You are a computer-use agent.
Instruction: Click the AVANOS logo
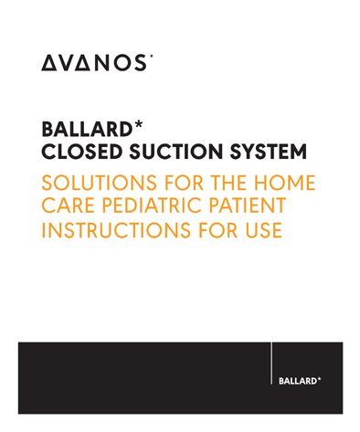(x=97, y=63)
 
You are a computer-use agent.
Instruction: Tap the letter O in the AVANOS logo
(x=122, y=63)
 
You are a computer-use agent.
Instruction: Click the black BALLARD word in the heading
(x=87, y=129)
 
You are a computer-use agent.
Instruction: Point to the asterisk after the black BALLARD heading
(x=138, y=124)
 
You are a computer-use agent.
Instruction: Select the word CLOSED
(x=82, y=152)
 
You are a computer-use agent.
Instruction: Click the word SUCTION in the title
(x=176, y=152)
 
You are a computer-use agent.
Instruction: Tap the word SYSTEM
(x=268, y=152)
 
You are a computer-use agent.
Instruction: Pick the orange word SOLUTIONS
(x=100, y=183)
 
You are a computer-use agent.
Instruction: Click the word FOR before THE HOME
(x=184, y=183)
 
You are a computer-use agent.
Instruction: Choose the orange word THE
(x=228, y=183)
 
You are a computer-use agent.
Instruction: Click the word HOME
(x=284, y=183)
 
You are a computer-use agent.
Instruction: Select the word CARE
(x=69, y=205)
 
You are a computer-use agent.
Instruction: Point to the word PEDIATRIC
(x=152, y=205)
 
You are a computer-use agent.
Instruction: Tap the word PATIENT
(x=248, y=205)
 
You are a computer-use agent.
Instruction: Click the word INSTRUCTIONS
(x=116, y=230)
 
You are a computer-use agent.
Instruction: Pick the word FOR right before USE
(x=217, y=230)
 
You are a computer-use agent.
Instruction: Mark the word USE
(x=263, y=230)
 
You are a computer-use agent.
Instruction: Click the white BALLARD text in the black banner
(x=298, y=381)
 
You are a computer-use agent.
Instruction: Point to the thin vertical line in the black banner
(x=271, y=364)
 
